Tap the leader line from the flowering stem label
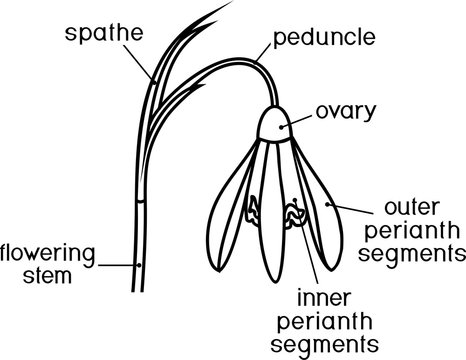pos(118,265)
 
